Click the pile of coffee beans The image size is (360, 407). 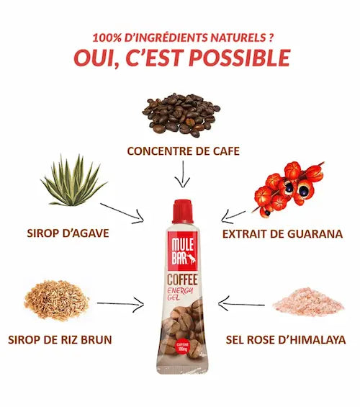click(x=181, y=115)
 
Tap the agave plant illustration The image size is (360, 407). click(x=73, y=181)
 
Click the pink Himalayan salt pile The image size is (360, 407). click(x=308, y=302)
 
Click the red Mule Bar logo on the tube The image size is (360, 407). click(x=182, y=251)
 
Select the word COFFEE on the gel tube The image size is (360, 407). click(x=182, y=279)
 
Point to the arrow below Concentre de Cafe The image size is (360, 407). click(x=183, y=174)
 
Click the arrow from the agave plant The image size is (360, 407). click(x=122, y=213)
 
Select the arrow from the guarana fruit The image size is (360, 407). click(x=233, y=217)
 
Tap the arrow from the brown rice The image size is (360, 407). click(x=120, y=303)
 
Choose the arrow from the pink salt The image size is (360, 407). click(x=241, y=304)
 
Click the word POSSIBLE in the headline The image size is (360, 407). click(x=239, y=58)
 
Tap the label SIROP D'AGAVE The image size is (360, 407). click(x=68, y=233)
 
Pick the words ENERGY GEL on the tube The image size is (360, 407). click(x=181, y=294)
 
